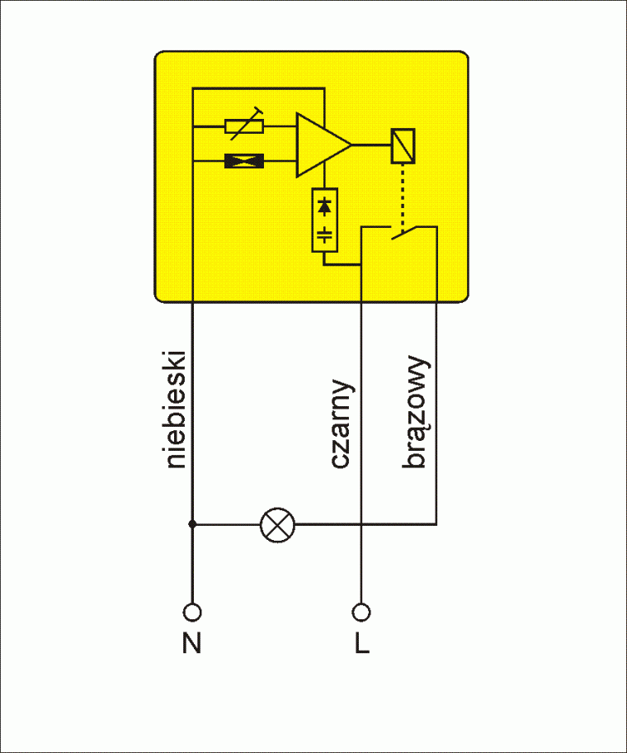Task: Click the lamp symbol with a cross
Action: pyautogui.click(x=277, y=523)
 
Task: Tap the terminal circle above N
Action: pyautogui.click(x=192, y=612)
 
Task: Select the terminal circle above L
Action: pyautogui.click(x=361, y=612)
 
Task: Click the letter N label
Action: pyautogui.click(x=192, y=643)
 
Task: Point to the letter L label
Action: pyautogui.click(x=361, y=643)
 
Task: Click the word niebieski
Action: pyautogui.click(x=177, y=410)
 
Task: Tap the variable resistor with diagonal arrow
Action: pyautogui.click(x=244, y=126)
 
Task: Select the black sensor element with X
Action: pyautogui.click(x=244, y=162)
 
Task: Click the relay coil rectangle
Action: pyautogui.click(x=403, y=145)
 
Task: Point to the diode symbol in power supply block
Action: pyautogui.click(x=325, y=203)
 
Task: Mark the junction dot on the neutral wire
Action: pyautogui.click(x=192, y=523)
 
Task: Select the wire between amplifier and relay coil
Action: pyautogui.click(x=371, y=145)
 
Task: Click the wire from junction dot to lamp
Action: pyautogui.click(x=226, y=523)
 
